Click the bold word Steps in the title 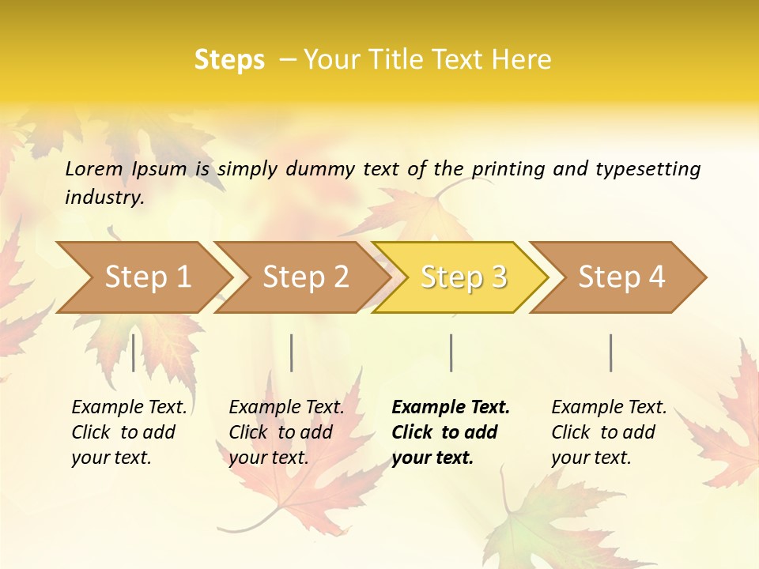pyautogui.click(x=229, y=60)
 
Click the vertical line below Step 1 pyautogui.click(x=134, y=352)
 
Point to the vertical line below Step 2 pyautogui.click(x=292, y=352)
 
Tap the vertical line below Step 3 pyautogui.click(x=451, y=352)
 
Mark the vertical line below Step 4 pyautogui.click(x=611, y=352)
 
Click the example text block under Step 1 pyautogui.click(x=129, y=432)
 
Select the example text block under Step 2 pyautogui.click(x=286, y=432)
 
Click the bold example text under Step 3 pyautogui.click(x=451, y=432)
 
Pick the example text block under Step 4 pyautogui.click(x=609, y=432)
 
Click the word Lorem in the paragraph pyautogui.click(x=94, y=169)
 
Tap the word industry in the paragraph pyautogui.click(x=104, y=198)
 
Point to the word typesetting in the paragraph pyautogui.click(x=648, y=169)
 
